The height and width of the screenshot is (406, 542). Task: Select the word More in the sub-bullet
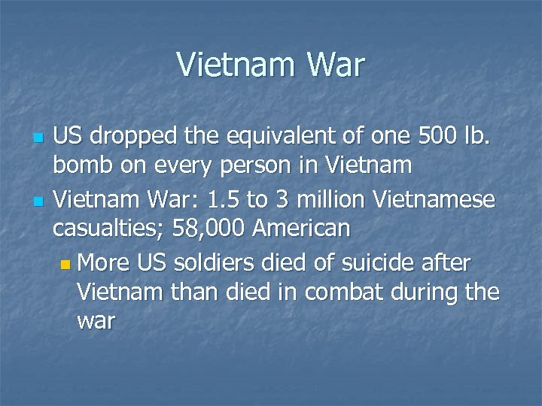point(103,263)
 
